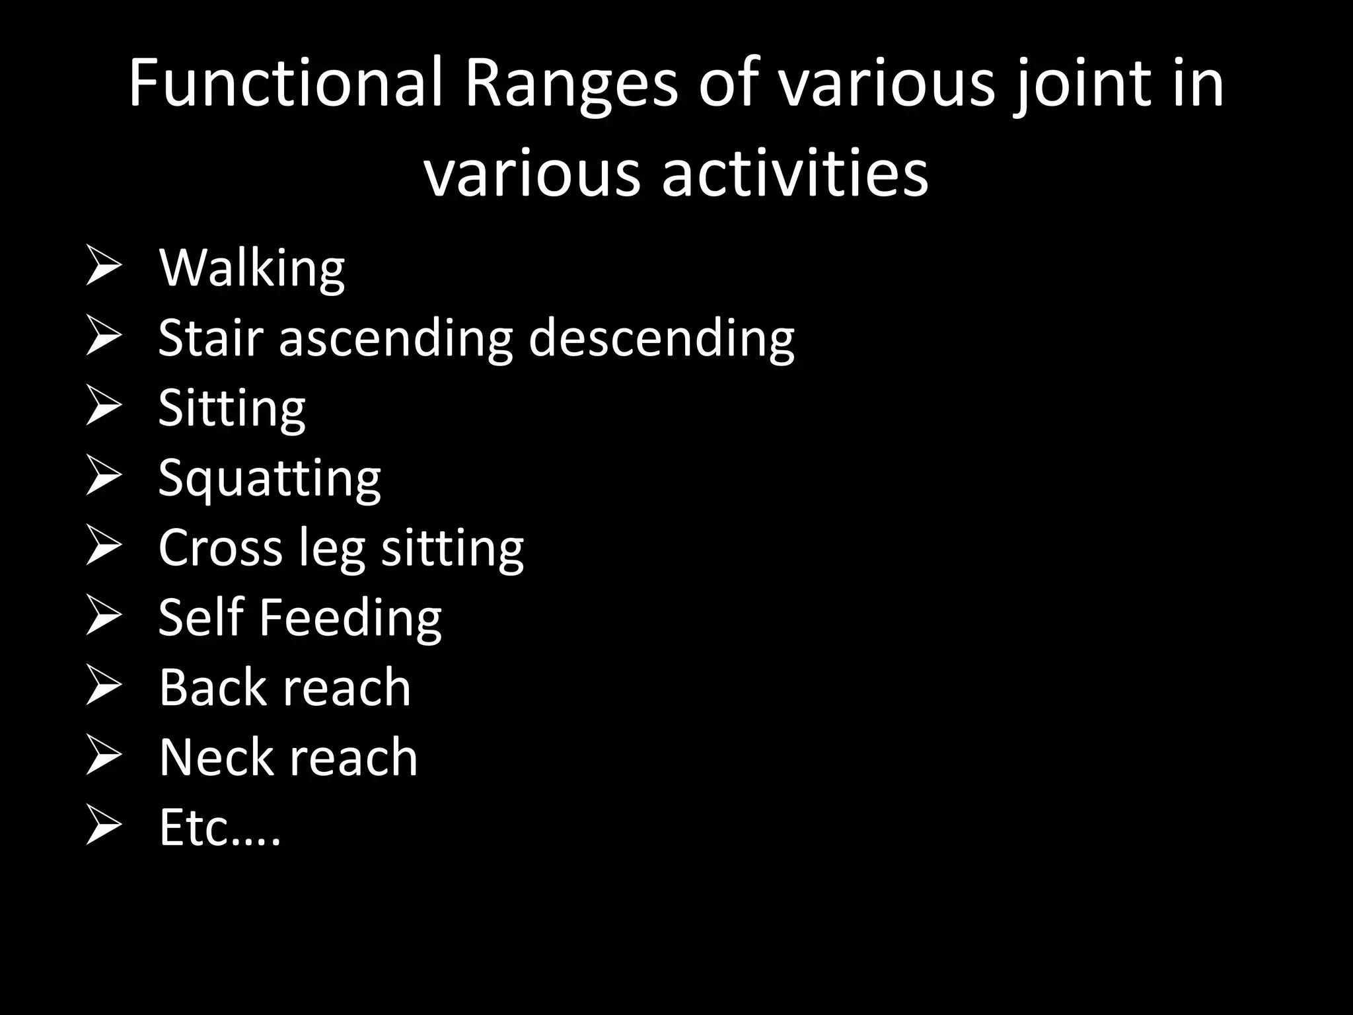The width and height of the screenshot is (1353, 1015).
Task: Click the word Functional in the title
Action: pyautogui.click(x=285, y=83)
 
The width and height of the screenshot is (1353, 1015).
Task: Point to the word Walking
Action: pyautogui.click(x=252, y=269)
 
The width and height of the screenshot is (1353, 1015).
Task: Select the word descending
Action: pyautogui.click(x=661, y=339)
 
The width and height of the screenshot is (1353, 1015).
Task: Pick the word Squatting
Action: pyautogui.click(x=270, y=478)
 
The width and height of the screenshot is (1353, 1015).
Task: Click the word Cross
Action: pyautogui.click(x=221, y=547)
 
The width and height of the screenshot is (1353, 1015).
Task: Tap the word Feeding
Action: pyautogui.click(x=349, y=617)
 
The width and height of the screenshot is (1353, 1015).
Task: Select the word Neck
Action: pyautogui.click(x=216, y=757)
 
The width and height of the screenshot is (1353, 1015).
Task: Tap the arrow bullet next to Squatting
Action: pyautogui.click(x=104, y=477)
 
